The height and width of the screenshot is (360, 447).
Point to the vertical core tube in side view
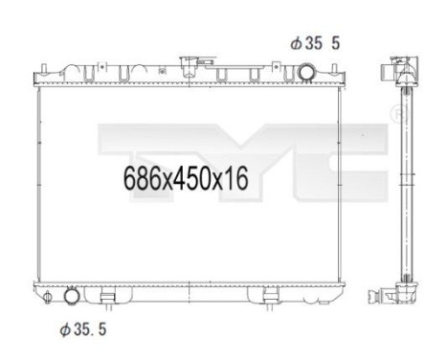(404, 182)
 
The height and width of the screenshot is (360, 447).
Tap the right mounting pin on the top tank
(335, 71)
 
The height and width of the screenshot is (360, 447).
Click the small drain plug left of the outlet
(44, 294)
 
